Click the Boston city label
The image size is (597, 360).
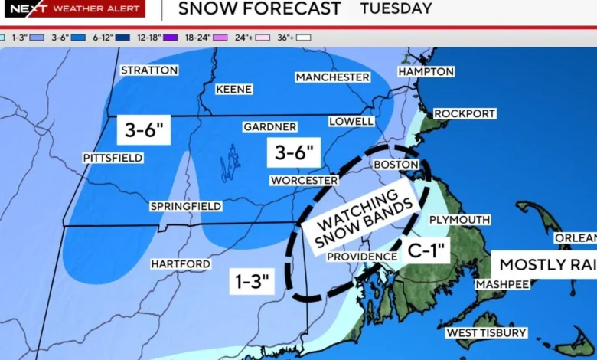point(396,165)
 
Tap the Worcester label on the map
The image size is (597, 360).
point(304,181)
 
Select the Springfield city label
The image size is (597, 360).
point(186,206)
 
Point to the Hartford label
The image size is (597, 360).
point(181,264)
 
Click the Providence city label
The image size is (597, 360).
point(362,257)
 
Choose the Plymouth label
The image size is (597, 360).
point(459,220)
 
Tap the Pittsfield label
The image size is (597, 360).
point(113,158)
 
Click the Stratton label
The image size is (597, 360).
point(149,70)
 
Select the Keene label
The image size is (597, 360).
point(233,90)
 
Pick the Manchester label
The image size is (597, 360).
point(333,77)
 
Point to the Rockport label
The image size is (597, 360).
point(465,114)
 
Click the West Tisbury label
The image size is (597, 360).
point(487,332)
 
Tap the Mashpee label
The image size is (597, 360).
point(501,284)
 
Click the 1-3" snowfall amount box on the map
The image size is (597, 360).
point(252,282)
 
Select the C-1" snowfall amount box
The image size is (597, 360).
point(427,250)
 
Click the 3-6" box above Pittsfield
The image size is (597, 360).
point(142,130)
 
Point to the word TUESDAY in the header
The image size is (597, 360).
point(396,9)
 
